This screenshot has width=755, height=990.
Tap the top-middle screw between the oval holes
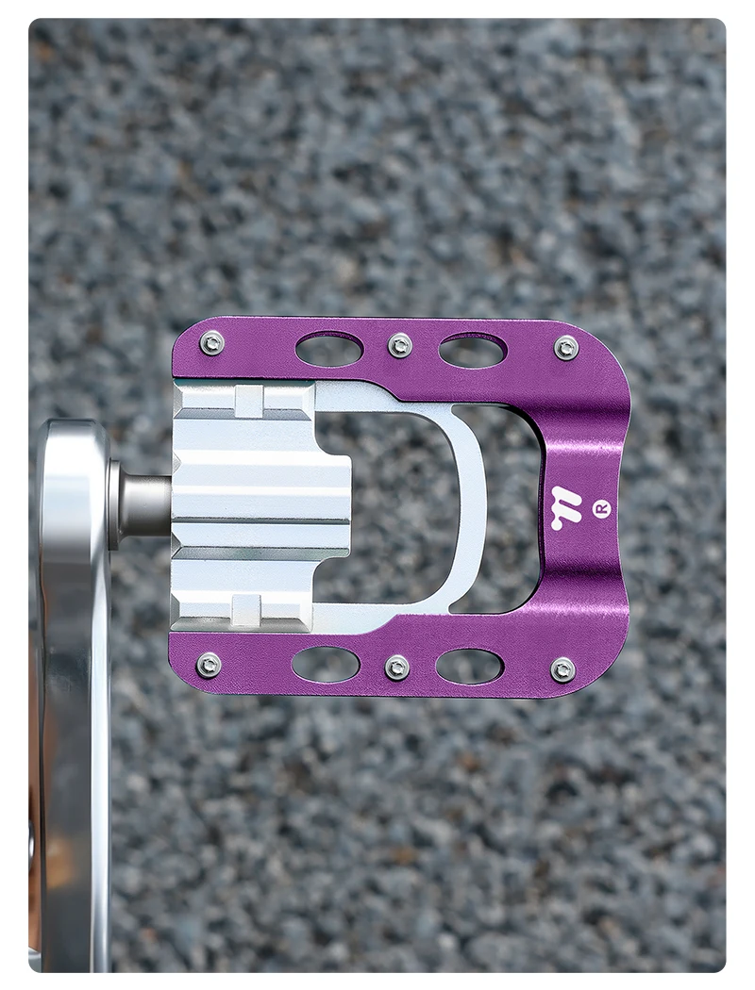(399, 345)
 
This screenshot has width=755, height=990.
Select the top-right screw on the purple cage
(565, 347)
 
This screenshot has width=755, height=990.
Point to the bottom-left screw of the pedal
(210, 663)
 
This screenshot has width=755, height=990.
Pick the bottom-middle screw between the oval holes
(395, 667)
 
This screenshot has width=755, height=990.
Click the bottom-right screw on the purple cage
(562, 668)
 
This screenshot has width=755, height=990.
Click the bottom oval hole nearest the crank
(326, 664)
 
